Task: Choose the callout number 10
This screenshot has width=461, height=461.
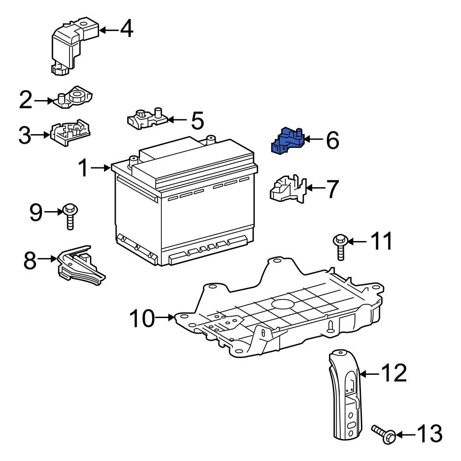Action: click(142, 318)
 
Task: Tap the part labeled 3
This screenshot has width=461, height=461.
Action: click(70, 134)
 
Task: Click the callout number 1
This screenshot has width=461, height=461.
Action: click(83, 168)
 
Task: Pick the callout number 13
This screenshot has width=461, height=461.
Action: click(429, 434)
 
